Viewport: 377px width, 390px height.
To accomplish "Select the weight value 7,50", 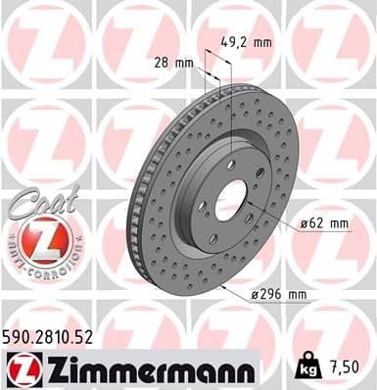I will point(346,367).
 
